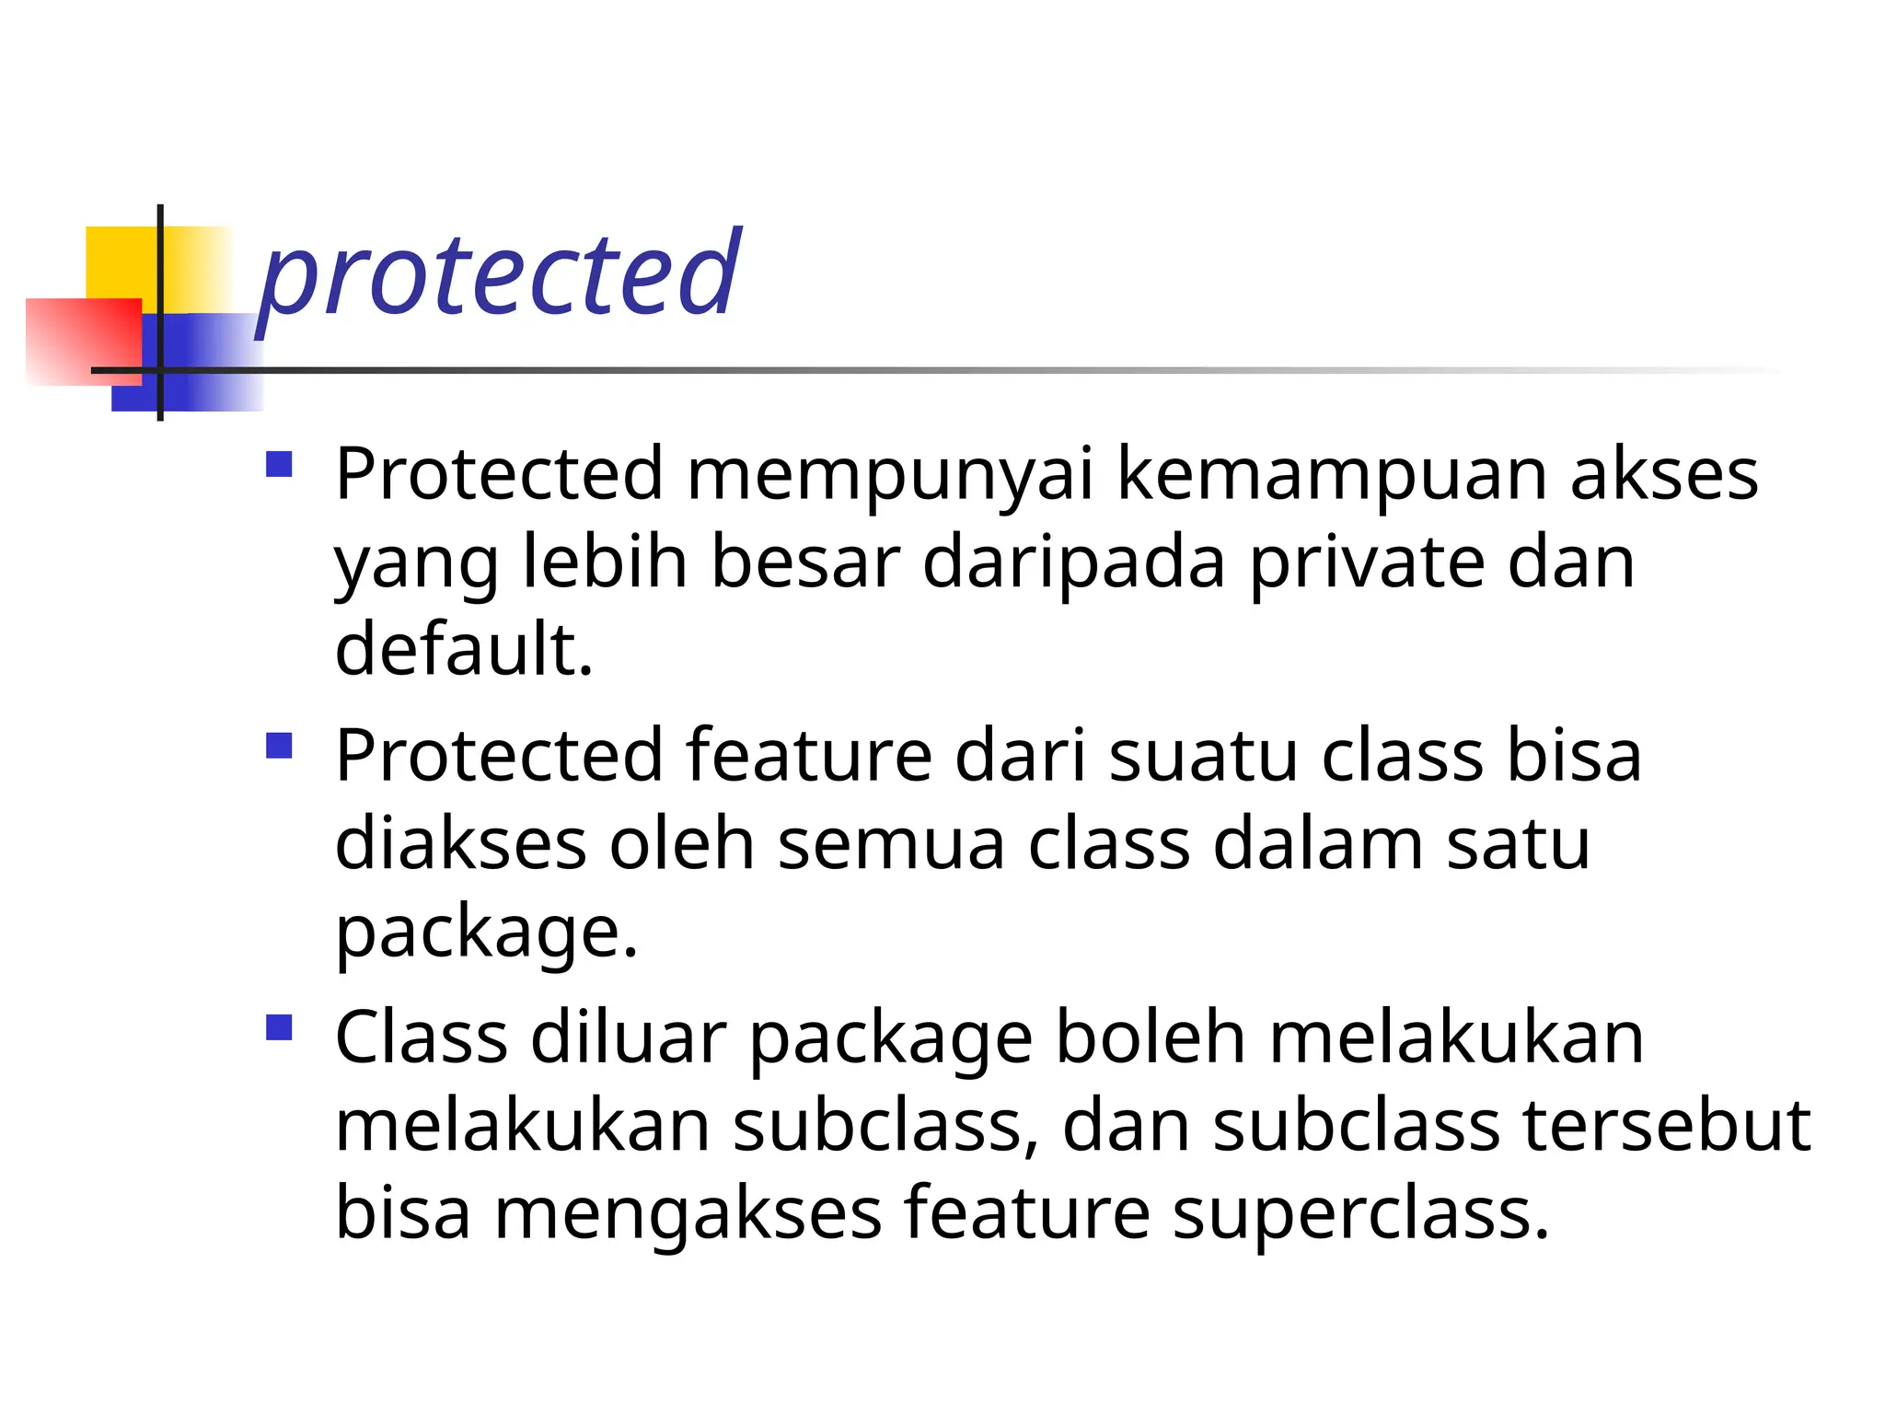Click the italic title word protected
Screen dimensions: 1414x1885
click(498, 273)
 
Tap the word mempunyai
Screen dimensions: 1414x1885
click(889, 474)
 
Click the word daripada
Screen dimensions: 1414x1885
click(1073, 562)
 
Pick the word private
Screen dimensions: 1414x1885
click(1366, 562)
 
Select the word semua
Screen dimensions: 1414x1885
click(891, 844)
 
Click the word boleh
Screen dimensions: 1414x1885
click(1151, 1037)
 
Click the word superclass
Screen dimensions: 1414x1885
click(1360, 1213)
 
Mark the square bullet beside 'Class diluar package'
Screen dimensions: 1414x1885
click(279, 1027)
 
